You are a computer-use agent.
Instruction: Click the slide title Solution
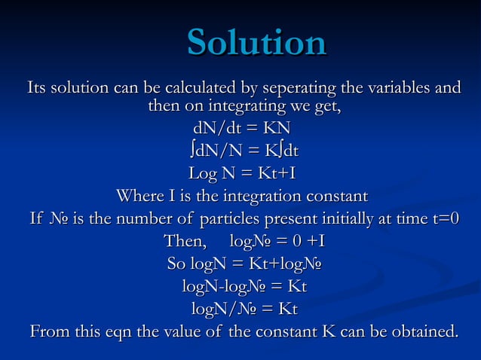click(x=256, y=42)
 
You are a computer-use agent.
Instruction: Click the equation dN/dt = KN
click(x=242, y=127)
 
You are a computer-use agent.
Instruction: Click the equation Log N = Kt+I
click(x=241, y=174)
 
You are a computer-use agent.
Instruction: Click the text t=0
click(x=446, y=219)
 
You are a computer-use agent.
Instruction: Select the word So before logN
click(x=176, y=264)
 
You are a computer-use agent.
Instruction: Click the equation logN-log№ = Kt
click(x=244, y=287)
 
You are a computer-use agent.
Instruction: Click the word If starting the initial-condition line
click(x=37, y=219)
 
